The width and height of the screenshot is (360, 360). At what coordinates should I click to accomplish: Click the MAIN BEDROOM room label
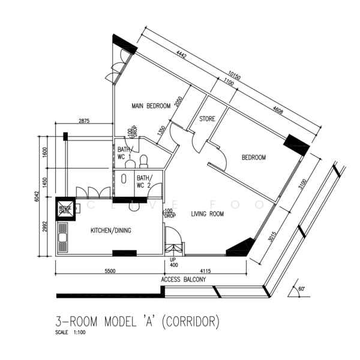152,106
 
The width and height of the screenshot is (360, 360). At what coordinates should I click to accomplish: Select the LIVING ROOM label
208,214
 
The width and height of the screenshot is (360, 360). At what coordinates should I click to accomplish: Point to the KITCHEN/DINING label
111,230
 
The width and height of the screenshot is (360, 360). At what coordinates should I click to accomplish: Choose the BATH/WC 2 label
144,181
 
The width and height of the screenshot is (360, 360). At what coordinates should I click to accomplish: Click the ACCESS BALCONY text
184,280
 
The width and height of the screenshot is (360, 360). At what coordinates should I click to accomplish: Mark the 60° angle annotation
301,289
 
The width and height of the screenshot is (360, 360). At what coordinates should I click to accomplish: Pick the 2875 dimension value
84,122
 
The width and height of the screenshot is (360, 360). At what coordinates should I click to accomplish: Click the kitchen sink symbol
62,240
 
